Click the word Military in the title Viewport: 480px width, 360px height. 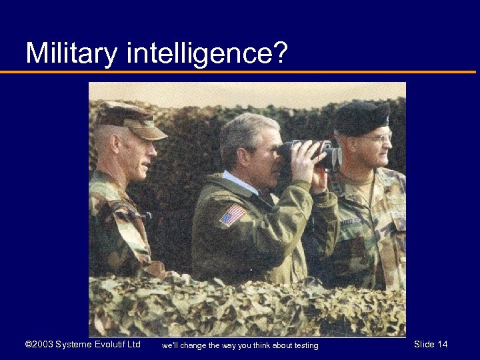(x=71, y=53)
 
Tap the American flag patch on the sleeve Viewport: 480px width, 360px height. (x=232, y=215)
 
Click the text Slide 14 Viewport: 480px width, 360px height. (x=431, y=344)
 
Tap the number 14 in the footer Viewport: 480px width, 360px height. (x=442, y=344)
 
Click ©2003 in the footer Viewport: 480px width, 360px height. (x=39, y=344)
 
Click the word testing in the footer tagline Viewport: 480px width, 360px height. (x=305, y=345)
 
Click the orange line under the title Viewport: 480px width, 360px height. (x=240, y=72)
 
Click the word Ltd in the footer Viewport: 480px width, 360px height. (x=133, y=344)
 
